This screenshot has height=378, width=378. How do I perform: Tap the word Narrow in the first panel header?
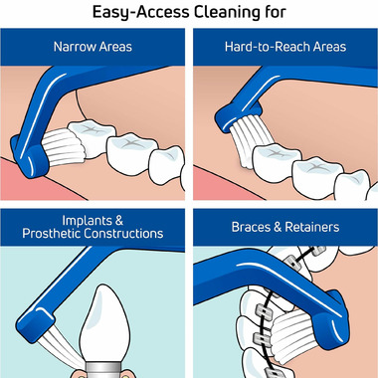pyautogui.click(x=75, y=47)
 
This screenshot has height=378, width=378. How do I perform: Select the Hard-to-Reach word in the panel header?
pyautogui.click(x=266, y=47)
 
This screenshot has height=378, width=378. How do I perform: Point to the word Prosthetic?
pyautogui.click(x=52, y=234)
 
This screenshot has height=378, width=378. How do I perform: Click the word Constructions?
pyautogui.click(x=123, y=234)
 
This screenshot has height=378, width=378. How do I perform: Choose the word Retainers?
pyautogui.click(x=312, y=227)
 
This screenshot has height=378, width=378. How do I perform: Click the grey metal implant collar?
pyautogui.click(x=102, y=370)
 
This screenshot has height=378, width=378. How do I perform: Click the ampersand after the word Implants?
pyautogui.click(x=118, y=221)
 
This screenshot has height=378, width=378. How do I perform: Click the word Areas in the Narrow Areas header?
pyautogui.click(x=114, y=47)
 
